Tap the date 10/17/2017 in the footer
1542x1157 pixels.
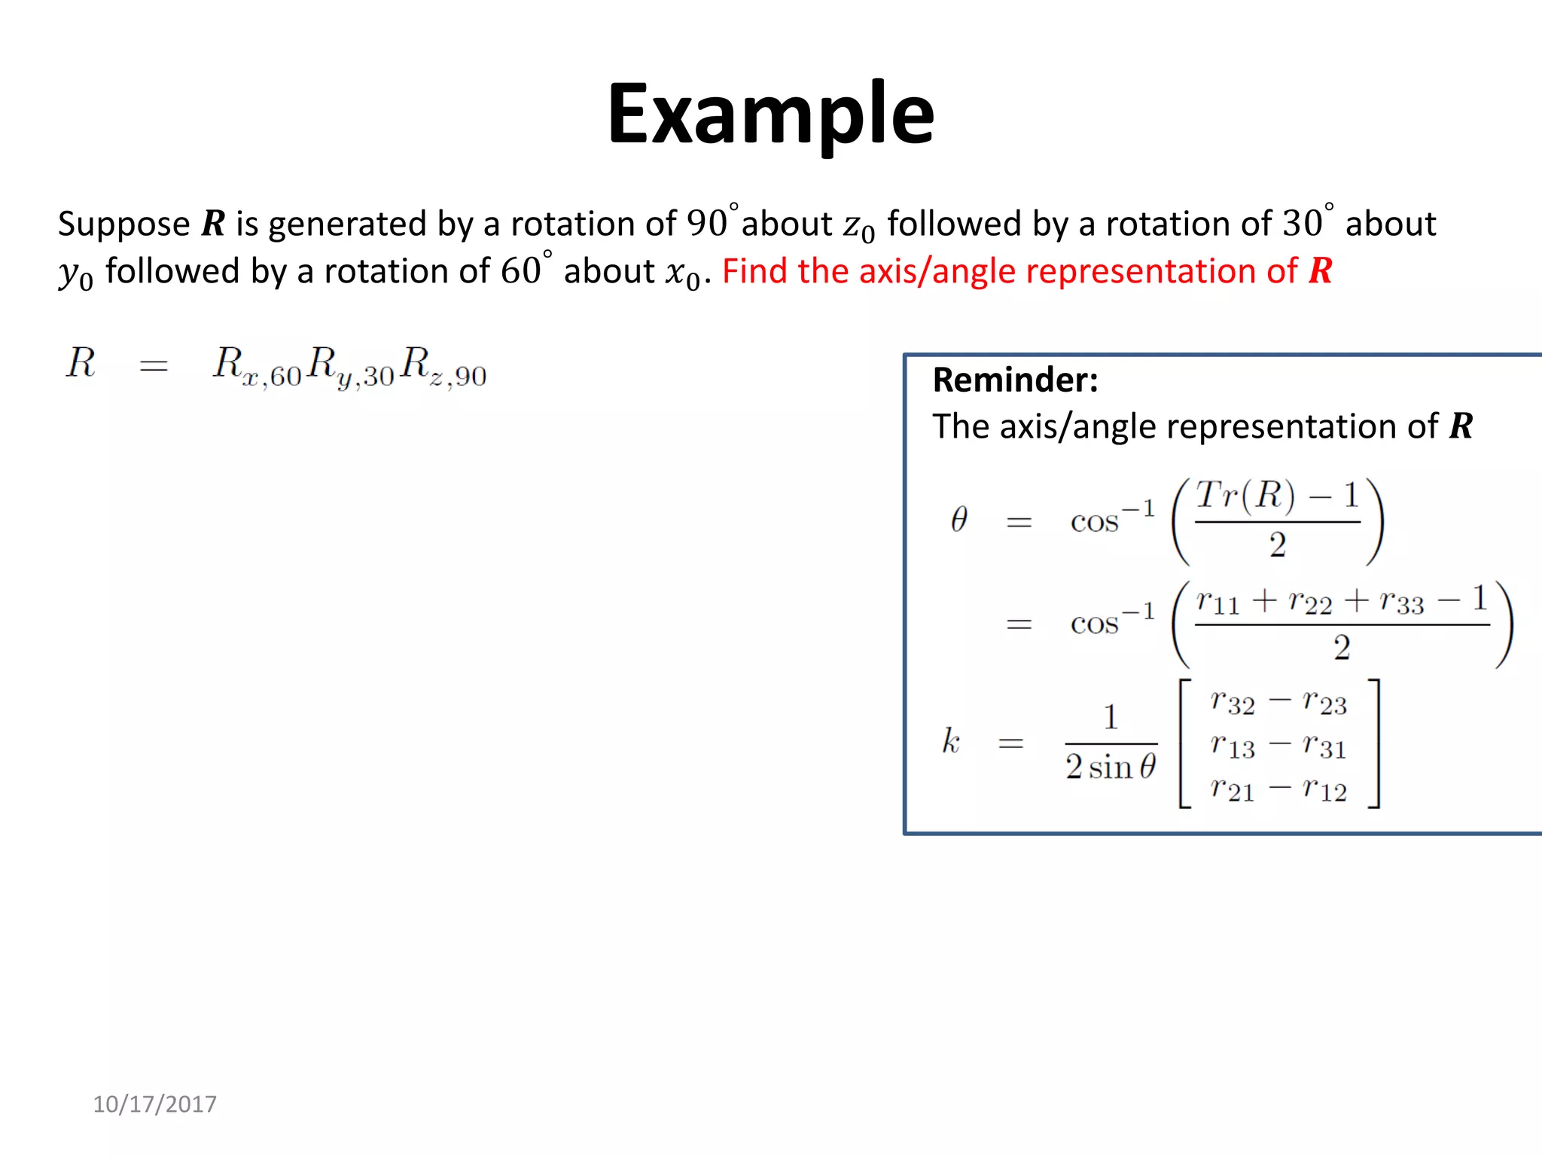pyautogui.click(x=154, y=1104)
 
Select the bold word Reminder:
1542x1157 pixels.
pyautogui.click(x=1015, y=380)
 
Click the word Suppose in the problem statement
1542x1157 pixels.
pyautogui.click(x=124, y=224)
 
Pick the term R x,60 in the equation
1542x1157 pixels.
pyautogui.click(x=257, y=367)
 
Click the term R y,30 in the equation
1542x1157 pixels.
pyautogui.click(x=351, y=367)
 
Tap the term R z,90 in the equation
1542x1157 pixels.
pyautogui.click(x=443, y=367)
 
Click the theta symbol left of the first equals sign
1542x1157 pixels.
pyautogui.click(x=958, y=520)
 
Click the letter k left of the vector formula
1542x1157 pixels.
pyautogui.click(x=951, y=741)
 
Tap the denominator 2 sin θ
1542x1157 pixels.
pyautogui.click(x=1111, y=768)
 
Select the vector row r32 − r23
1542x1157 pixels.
pyautogui.click(x=1278, y=703)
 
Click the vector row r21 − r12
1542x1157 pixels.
pyautogui.click(x=1278, y=789)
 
